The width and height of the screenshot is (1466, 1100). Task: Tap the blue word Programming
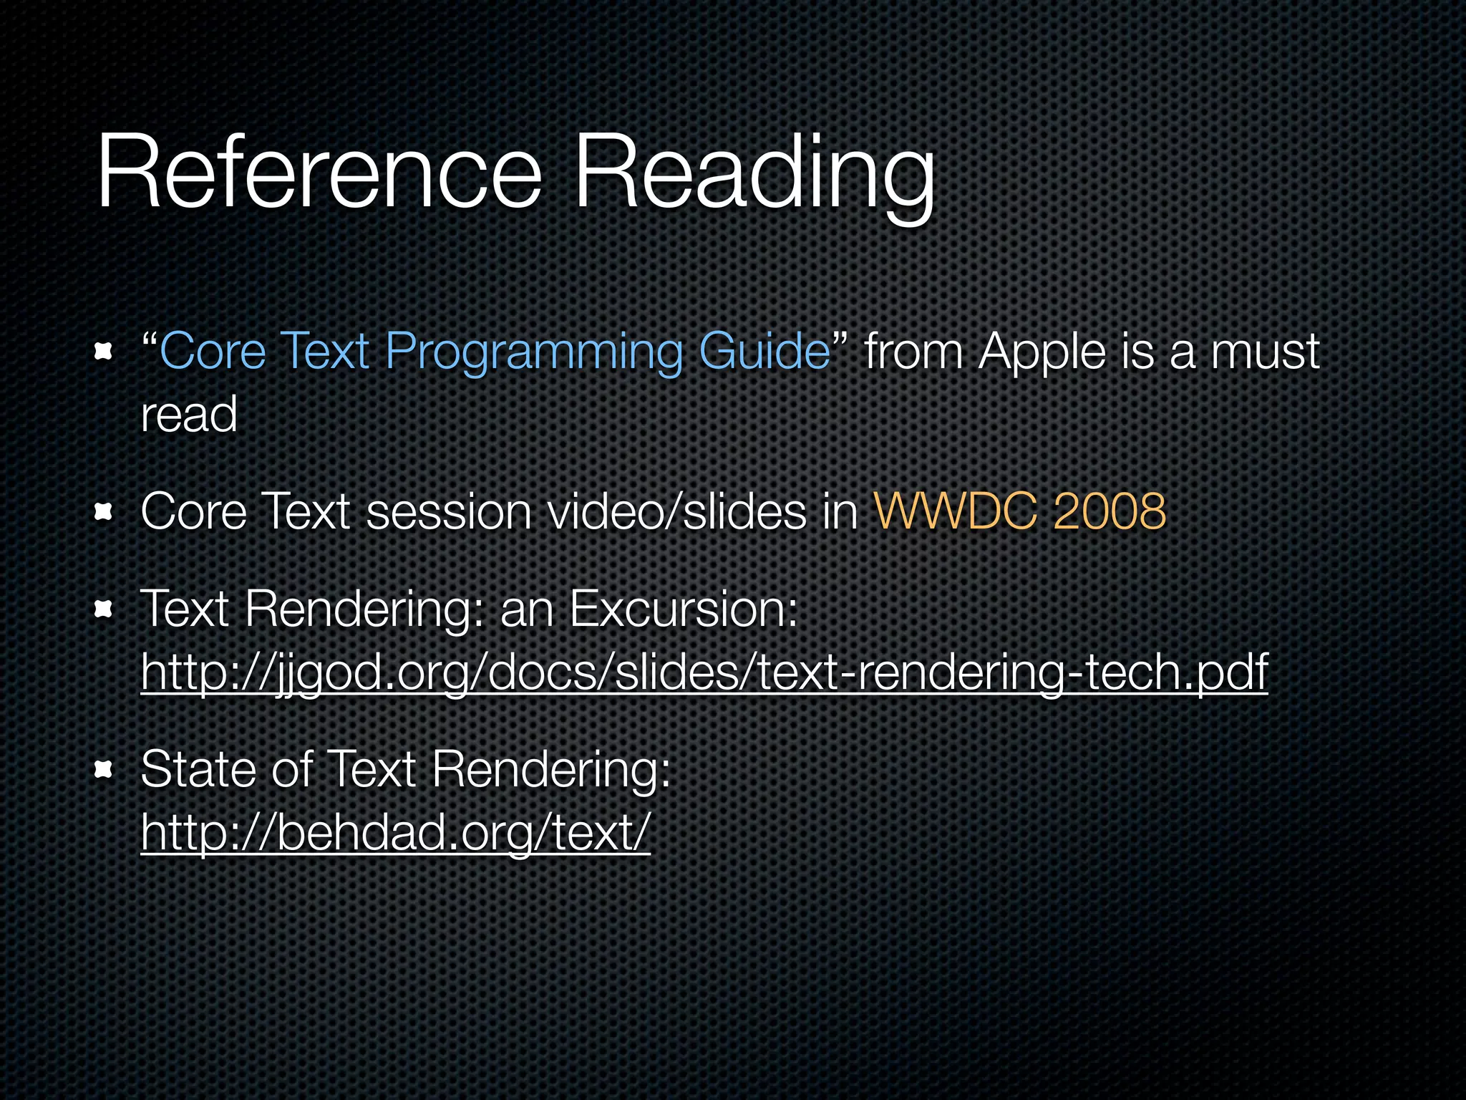(533, 353)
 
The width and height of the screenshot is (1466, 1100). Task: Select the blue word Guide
(764, 352)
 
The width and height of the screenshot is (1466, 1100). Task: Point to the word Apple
(1042, 353)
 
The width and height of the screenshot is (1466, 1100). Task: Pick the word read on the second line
(189, 415)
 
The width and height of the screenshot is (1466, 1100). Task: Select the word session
(448, 511)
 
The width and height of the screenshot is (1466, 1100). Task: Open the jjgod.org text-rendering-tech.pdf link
(704, 672)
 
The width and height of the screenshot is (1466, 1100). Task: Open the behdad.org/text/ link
(395, 832)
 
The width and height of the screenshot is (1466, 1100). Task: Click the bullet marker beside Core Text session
(104, 511)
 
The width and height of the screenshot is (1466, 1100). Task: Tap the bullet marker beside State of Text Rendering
(104, 770)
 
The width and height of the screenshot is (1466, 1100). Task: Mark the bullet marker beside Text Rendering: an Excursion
(104, 609)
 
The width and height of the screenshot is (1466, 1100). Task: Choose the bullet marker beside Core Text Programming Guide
(104, 352)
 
